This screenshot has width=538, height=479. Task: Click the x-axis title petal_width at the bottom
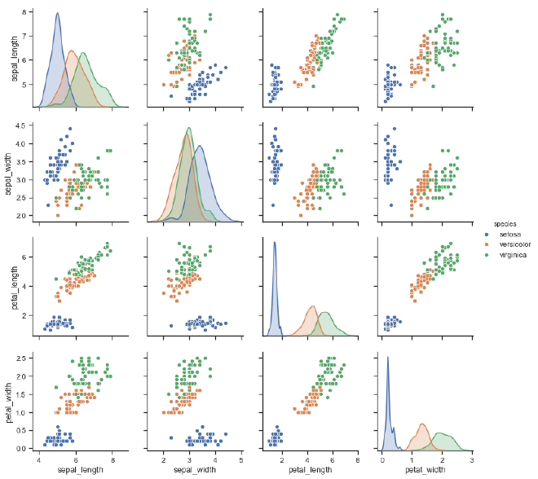(426, 470)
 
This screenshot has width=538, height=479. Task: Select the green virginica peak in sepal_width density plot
(189, 128)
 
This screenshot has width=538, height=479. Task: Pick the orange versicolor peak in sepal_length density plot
(72, 51)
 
